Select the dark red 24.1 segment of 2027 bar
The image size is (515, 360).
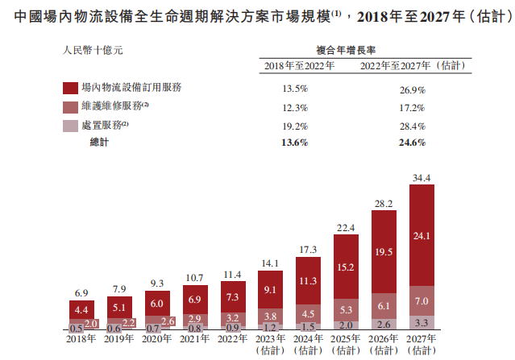pyautogui.click(x=421, y=237)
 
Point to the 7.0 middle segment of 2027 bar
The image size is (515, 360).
pyautogui.click(x=421, y=301)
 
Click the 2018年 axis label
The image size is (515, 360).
pyautogui.click(x=80, y=338)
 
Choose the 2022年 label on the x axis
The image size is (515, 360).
pyautogui.click(x=232, y=338)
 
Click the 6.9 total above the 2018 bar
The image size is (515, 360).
pyautogui.click(x=81, y=292)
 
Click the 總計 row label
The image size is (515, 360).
pyautogui.click(x=98, y=142)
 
